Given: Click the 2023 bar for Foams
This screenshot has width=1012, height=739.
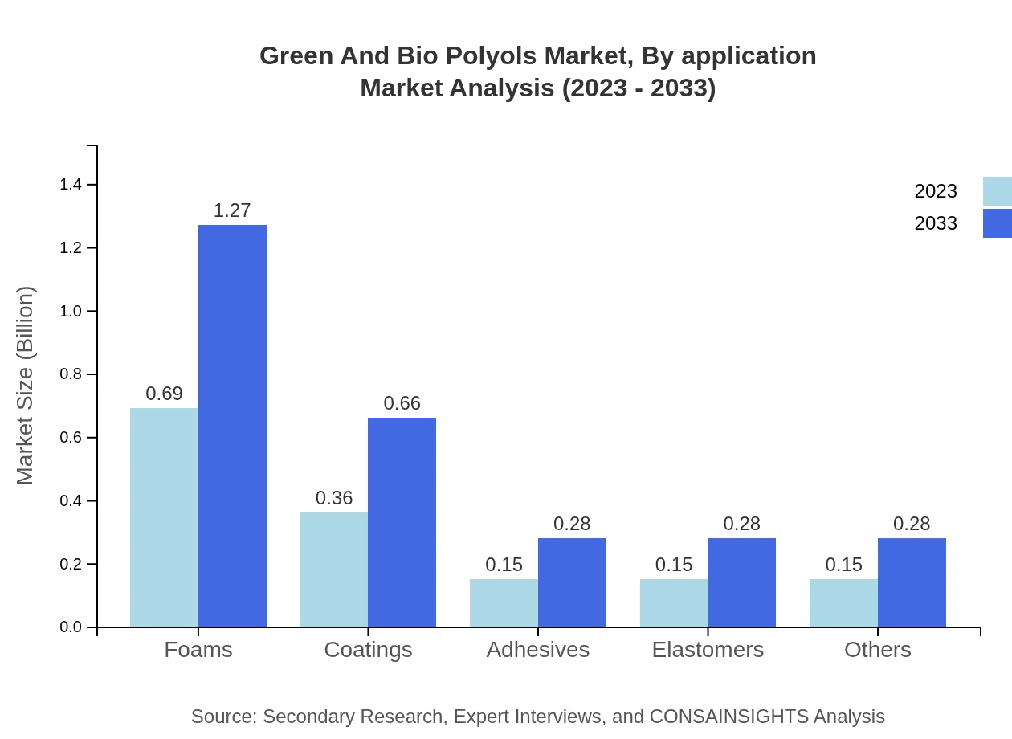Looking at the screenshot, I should [x=164, y=517].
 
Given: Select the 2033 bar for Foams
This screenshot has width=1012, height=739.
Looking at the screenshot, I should [x=232, y=426].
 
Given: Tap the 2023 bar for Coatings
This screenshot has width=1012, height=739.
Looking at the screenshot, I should [x=334, y=570].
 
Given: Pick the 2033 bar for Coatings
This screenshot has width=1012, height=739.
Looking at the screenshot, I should [x=402, y=522].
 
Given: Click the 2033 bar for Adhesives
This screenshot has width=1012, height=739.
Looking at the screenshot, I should [x=572, y=582].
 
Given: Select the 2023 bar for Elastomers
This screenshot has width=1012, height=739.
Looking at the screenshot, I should [x=674, y=602].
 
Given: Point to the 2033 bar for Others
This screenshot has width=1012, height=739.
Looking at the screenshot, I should [x=912, y=582].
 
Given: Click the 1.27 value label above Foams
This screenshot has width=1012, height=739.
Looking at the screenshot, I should [x=232, y=210].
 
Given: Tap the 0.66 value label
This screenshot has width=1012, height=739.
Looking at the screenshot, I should [x=402, y=403].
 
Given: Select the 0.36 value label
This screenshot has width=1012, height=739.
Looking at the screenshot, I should [x=334, y=498].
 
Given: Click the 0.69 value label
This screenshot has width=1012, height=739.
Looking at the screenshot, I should [x=164, y=394].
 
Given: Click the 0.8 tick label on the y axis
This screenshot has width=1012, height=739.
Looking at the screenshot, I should [x=71, y=374].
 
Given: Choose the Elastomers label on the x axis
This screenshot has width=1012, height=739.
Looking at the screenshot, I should [x=708, y=650].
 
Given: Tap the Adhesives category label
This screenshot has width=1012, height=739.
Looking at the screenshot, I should [x=537, y=650].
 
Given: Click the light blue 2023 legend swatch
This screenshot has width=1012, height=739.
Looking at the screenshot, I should [x=997, y=191].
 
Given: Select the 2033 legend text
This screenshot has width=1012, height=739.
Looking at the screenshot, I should [x=936, y=223].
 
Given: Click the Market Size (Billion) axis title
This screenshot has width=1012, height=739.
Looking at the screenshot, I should [x=26, y=386].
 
